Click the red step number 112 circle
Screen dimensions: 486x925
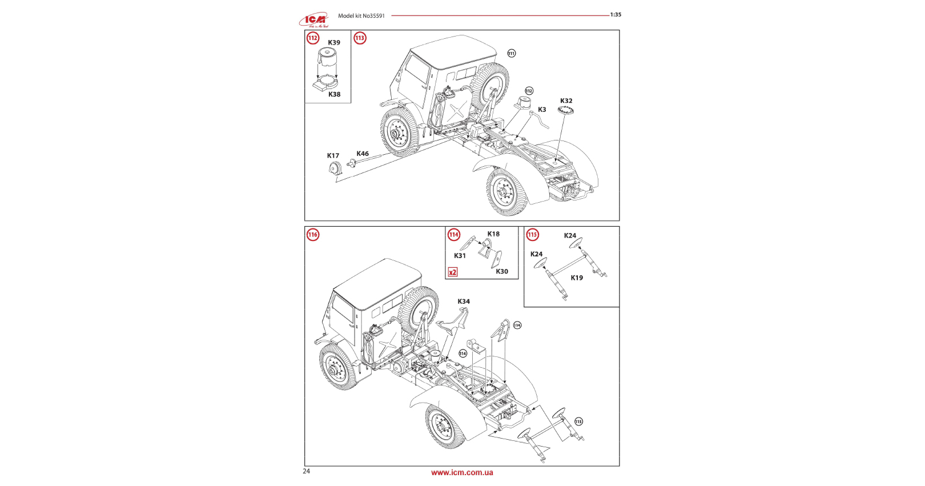[x=313, y=38]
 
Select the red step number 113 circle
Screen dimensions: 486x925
[x=360, y=38]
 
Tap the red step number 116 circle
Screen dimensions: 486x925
[x=313, y=235]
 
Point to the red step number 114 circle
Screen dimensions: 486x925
[x=454, y=235]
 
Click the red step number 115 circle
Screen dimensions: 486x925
[x=533, y=235]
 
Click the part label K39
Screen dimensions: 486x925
[x=334, y=43]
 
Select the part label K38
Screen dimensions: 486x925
[x=335, y=95]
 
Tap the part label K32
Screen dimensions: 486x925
[x=566, y=101]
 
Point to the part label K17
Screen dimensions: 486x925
[x=333, y=156]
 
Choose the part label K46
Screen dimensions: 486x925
[x=363, y=154]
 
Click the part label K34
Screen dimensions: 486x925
[x=464, y=302]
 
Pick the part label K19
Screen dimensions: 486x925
[x=577, y=278]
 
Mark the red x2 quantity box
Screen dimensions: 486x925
[x=453, y=272]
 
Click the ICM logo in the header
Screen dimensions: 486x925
[x=313, y=21]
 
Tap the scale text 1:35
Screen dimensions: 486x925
[x=616, y=15]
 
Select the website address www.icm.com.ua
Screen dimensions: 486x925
[x=462, y=473]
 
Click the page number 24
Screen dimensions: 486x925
[x=307, y=471]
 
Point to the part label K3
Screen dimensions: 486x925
[x=542, y=110]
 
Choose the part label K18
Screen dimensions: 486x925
[x=493, y=234]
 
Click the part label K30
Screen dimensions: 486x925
[x=502, y=272]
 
